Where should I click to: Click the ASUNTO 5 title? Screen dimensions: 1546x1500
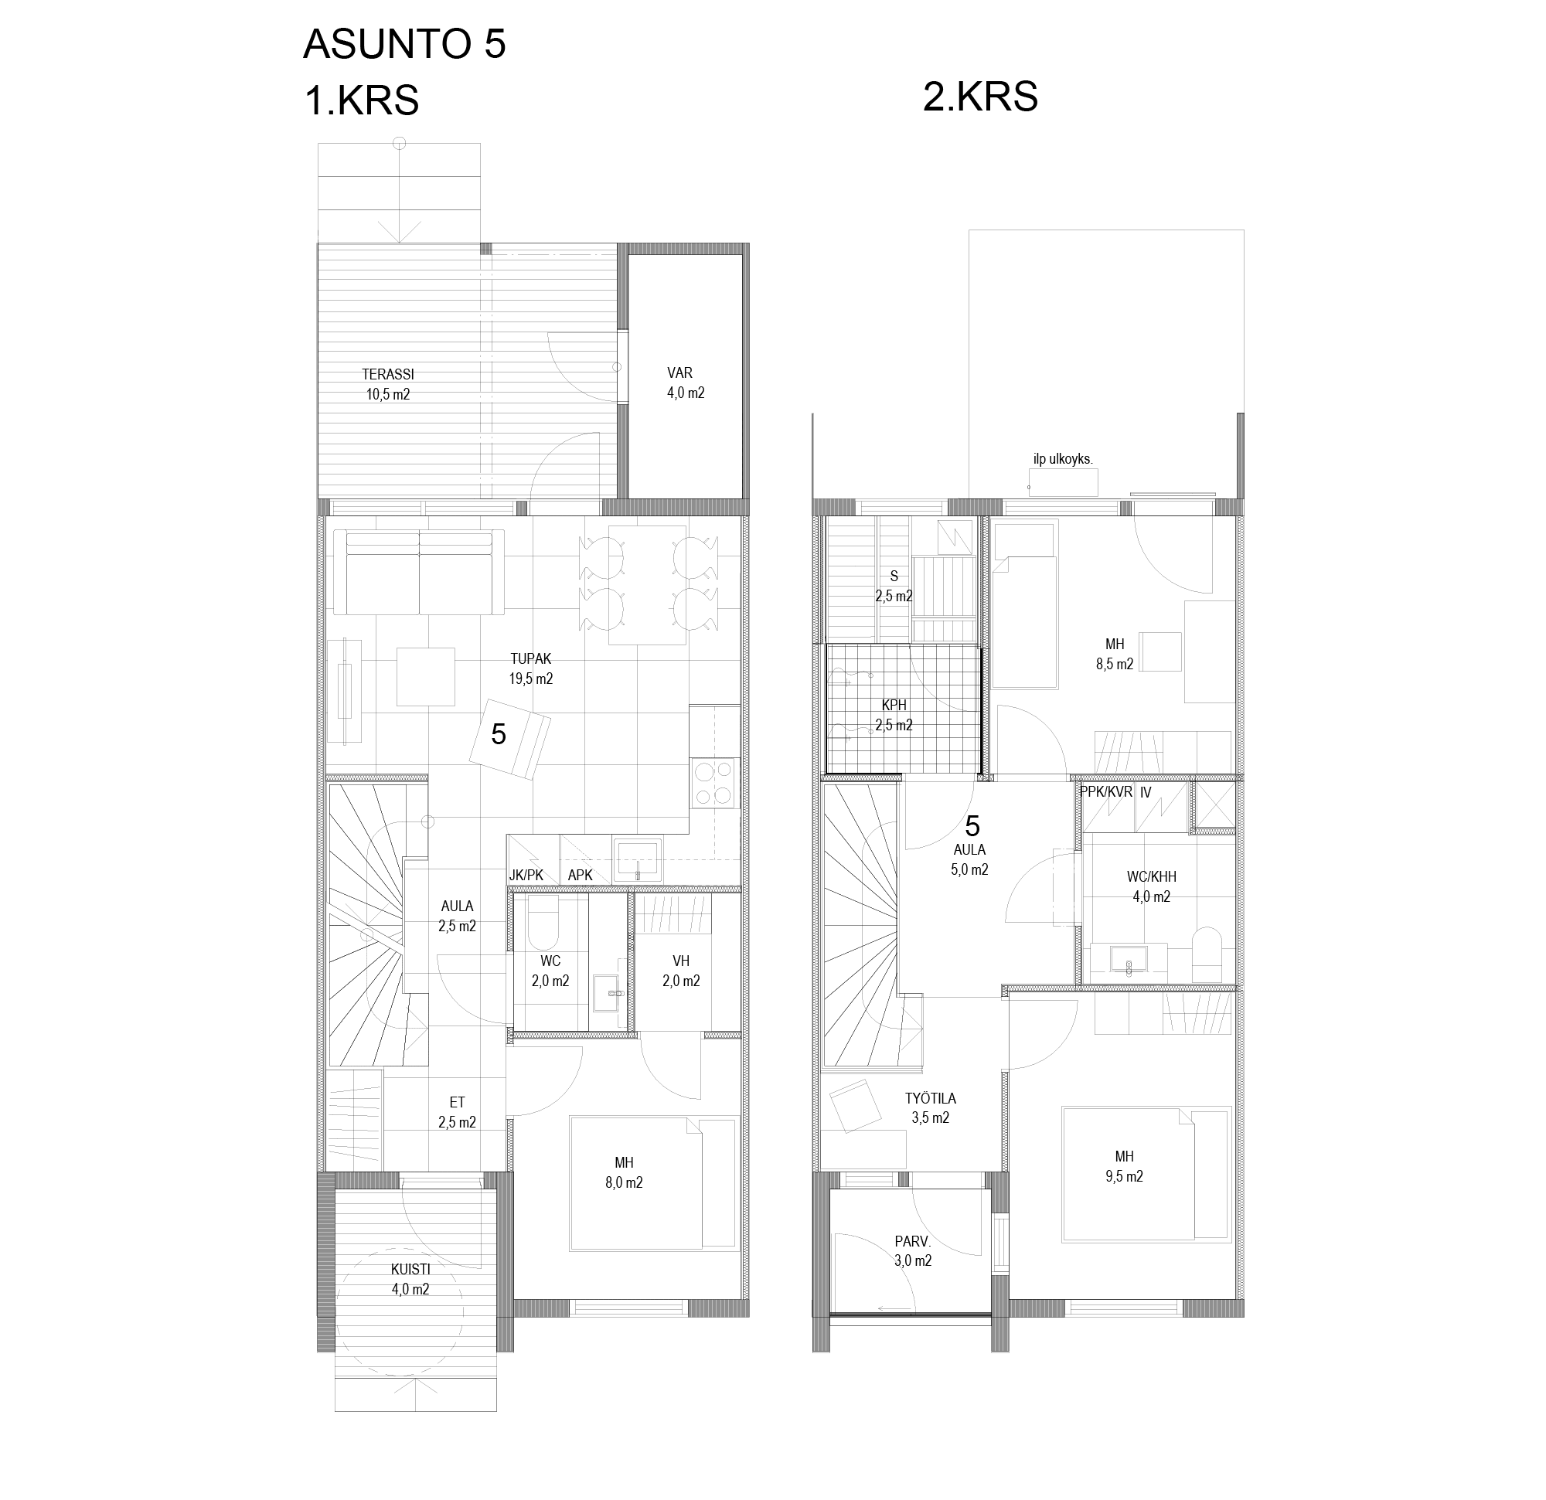pyautogui.click(x=404, y=43)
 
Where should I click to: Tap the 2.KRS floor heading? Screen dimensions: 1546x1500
pyautogui.click(x=980, y=97)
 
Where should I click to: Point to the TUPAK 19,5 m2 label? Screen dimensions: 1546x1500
pyautogui.click(x=531, y=668)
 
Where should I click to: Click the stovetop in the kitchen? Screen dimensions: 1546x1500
pyautogui.click(x=714, y=782)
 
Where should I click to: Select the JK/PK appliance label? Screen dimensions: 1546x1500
pyautogui.click(x=526, y=875)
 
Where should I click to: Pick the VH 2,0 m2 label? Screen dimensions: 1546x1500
pyautogui.click(x=682, y=971)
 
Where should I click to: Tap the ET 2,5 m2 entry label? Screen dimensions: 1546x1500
pyautogui.click(x=458, y=1112)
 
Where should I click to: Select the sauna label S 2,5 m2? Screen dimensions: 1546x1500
pyautogui.click(x=894, y=586)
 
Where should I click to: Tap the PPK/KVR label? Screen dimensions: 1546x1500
pyautogui.click(x=1106, y=792)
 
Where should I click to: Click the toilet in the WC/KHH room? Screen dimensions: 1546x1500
pyautogui.click(x=1205, y=954)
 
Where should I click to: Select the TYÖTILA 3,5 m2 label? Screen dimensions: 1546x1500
pyautogui.click(x=931, y=1107)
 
